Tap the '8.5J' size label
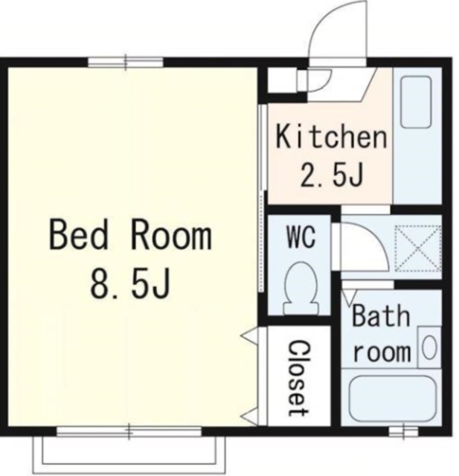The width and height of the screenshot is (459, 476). point(130,283)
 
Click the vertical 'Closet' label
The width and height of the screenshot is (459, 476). point(299,378)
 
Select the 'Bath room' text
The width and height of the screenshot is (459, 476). point(382,333)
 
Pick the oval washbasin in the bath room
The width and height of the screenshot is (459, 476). point(429,347)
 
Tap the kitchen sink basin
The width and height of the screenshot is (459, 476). point(416,102)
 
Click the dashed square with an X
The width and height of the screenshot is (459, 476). point(418,248)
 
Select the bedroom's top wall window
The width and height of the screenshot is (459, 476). point(126,62)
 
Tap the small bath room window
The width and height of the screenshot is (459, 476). point(403,431)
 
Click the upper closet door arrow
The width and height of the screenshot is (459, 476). point(249,335)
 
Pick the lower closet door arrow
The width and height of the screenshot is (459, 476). point(249,416)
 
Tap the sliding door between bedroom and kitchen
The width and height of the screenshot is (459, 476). point(262,198)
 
